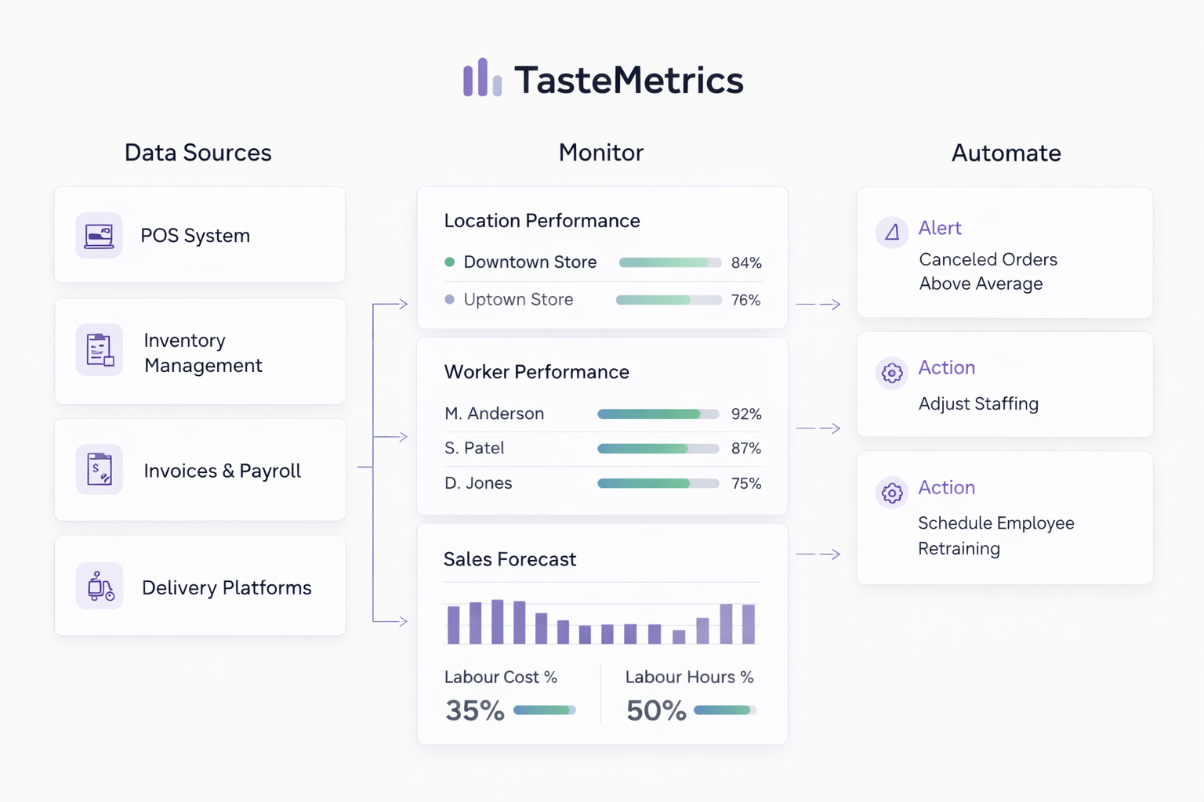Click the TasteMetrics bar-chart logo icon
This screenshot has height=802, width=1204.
coord(482,78)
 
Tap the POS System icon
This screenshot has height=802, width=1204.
coord(99,235)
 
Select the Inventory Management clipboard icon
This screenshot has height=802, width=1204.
coord(100,350)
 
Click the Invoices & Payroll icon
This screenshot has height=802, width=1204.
coord(100,469)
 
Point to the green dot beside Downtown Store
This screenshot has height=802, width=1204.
coord(449,262)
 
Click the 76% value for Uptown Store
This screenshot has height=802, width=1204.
coord(745,300)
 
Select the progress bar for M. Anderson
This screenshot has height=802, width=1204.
coord(658,414)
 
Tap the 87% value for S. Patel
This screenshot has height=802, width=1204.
coord(745,449)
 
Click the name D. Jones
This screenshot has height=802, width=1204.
coord(478,483)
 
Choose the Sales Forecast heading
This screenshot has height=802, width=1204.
coord(510,559)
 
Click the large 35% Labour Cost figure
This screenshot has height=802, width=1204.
coord(474,710)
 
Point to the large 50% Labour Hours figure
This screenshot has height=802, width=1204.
coord(656,710)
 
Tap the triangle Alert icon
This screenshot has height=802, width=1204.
coord(891,232)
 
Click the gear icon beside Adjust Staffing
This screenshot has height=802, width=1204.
coord(891,373)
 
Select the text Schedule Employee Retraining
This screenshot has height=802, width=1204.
coord(995,536)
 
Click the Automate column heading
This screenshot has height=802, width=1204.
coord(1006,153)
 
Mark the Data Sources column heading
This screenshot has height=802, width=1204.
coord(198,153)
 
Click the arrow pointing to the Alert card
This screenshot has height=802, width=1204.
coord(819,304)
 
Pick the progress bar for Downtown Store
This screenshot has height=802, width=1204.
coord(669,262)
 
